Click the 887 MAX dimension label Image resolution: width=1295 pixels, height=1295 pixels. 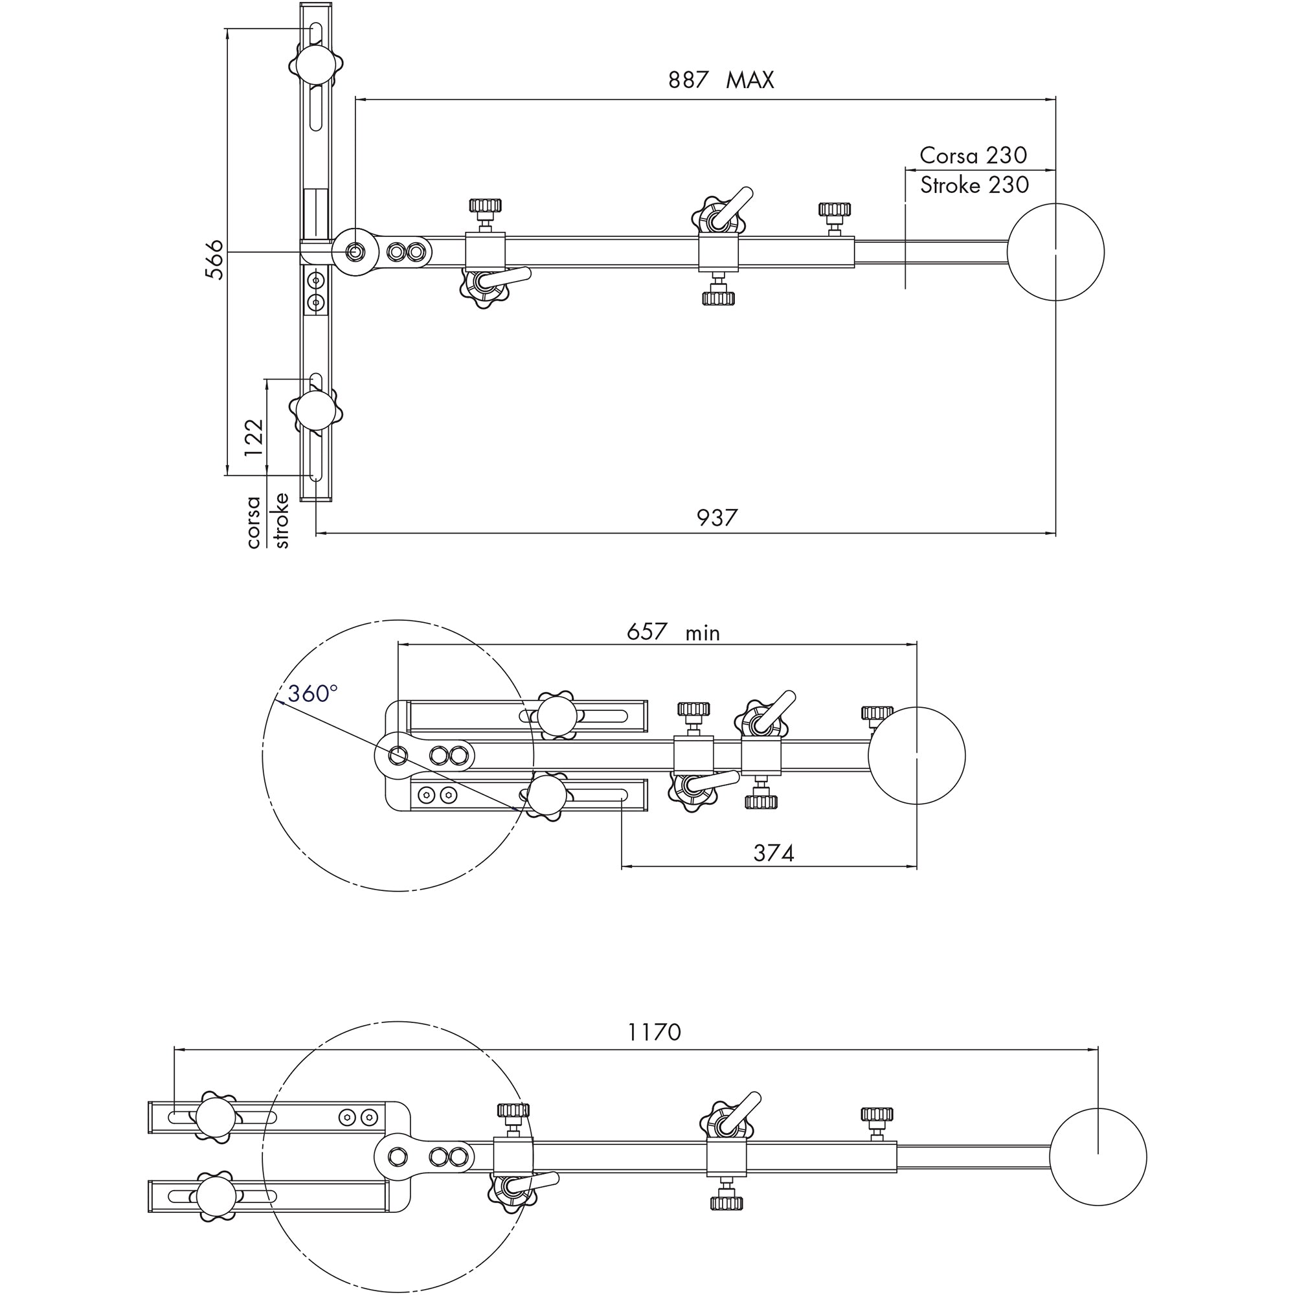(721, 80)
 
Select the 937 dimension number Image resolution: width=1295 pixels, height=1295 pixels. (717, 517)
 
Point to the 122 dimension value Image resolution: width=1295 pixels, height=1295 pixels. (254, 438)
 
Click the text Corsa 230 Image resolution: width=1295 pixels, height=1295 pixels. (973, 155)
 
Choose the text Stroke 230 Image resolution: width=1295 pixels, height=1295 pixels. (974, 185)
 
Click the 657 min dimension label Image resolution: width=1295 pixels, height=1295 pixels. (672, 632)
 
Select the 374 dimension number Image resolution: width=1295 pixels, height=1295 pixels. (774, 853)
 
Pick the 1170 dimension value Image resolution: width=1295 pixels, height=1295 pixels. (654, 1031)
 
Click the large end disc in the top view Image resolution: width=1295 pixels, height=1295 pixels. (1055, 252)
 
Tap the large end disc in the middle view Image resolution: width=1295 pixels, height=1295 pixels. (916, 756)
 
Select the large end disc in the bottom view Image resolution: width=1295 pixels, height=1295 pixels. (1098, 1157)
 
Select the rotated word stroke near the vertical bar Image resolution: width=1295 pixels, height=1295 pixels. (282, 521)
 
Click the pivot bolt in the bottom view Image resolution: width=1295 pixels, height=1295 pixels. (398, 1156)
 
